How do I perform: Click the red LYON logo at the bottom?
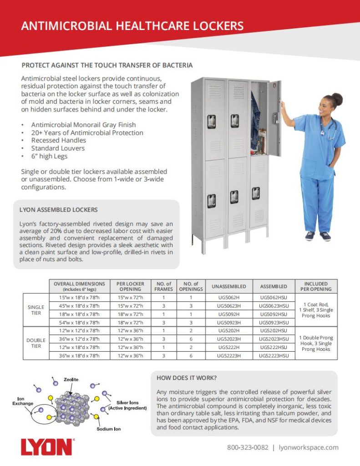(46, 447)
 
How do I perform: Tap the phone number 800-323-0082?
(248, 447)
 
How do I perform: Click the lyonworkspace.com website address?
(308, 447)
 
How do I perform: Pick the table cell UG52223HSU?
(274, 355)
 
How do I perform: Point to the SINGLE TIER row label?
(36, 310)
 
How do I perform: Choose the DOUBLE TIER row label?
(36, 343)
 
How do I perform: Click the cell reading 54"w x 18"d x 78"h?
(79, 322)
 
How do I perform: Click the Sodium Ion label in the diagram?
(109, 429)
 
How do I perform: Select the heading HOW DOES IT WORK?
(186, 378)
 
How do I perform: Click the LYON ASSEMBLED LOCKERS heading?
(58, 210)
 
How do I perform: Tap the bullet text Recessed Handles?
(52, 141)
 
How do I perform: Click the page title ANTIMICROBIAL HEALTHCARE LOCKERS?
(132, 26)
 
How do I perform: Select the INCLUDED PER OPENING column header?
(316, 286)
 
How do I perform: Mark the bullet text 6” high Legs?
(49, 156)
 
